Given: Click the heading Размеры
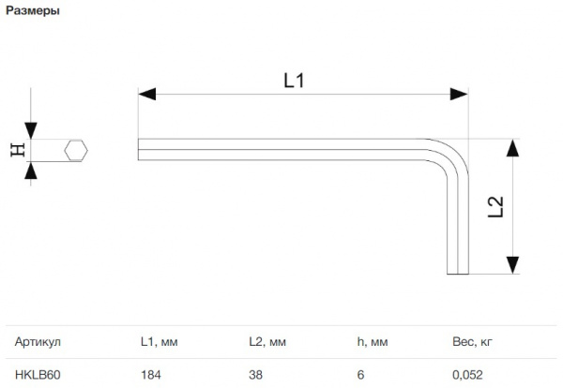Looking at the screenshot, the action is pyautogui.click(x=33, y=10).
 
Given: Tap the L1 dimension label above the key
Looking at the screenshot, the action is pyautogui.click(x=294, y=81).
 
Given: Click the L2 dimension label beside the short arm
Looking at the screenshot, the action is pyautogui.click(x=495, y=207).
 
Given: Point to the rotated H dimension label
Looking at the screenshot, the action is pyautogui.click(x=18, y=150).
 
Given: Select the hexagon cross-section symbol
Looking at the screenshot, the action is pyautogui.click(x=76, y=150).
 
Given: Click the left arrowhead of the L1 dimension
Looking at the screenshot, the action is pyautogui.click(x=147, y=94).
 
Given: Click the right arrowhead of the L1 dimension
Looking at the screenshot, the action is pyautogui.click(x=459, y=94).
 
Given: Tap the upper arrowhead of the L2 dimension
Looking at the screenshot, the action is pyautogui.click(x=512, y=148).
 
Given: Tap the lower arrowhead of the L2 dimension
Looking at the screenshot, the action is pyautogui.click(x=512, y=265).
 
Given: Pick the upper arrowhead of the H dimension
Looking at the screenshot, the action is pyautogui.click(x=31, y=130).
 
